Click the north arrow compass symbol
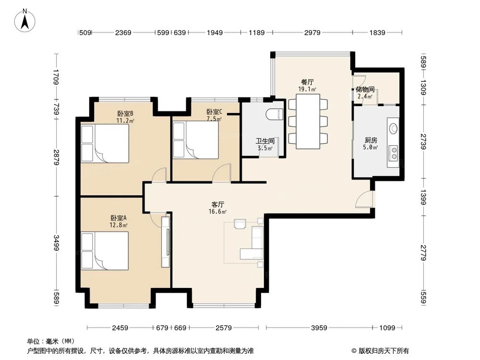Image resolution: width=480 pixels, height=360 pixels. pos(25,21)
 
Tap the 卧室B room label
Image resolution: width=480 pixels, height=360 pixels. pos(125,113)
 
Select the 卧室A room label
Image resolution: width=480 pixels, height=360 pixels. pos(119,218)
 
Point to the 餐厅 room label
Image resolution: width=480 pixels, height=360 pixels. pos(307,82)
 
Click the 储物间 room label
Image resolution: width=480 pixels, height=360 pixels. pos(365,89)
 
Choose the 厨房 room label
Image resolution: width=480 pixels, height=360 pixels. pos(371,140)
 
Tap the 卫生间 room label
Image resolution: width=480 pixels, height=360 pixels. pos(265,141)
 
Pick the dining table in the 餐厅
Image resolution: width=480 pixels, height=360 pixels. pos(308,121)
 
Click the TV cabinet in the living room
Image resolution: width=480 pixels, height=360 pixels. pos(166,242)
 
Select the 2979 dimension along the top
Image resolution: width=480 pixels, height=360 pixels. pos(312,33)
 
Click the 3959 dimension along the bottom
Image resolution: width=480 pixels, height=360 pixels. pos(319,328)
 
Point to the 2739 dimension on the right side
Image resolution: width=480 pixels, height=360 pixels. pos(423,142)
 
